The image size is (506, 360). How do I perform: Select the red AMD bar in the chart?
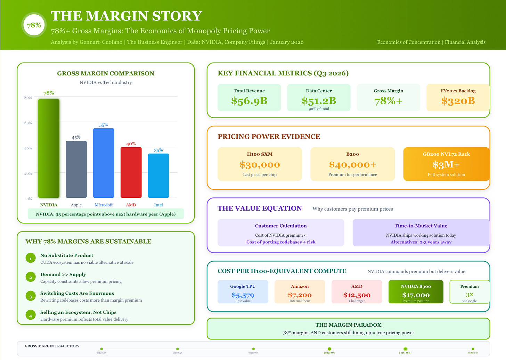[x=131, y=172]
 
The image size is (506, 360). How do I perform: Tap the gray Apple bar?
[x=76, y=169]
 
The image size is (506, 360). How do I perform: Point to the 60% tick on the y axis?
[x=28, y=123]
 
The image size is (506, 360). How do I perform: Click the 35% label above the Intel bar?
[x=158, y=150]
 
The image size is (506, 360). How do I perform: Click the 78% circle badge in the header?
[x=34, y=25]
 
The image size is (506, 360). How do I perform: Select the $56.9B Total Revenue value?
[x=249, y=101]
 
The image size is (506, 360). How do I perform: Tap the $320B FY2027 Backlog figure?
[x=458, y=101]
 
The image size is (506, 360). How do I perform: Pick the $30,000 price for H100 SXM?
[x=260, y=165]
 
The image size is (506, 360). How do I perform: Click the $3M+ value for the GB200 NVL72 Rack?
[x=446, y=165]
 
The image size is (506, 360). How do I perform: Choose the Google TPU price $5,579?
[x=243, y=295]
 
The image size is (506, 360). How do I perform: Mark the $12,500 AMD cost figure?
[x=357, y=295]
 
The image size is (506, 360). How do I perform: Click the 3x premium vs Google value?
[x=470, y=294]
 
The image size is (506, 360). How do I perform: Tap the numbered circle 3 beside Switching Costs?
[x=31, y=296]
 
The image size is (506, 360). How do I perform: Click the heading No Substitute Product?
[x=67, y=255]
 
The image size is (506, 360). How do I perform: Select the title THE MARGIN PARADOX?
[x=348, y=325]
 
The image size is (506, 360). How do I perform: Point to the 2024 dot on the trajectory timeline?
[x=329, y=349]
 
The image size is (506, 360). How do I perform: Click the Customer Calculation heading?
[x=281, y=226]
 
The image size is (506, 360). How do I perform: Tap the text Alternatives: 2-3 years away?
[x=421, y=242]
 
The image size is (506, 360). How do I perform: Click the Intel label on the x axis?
[x=158, y=205]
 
